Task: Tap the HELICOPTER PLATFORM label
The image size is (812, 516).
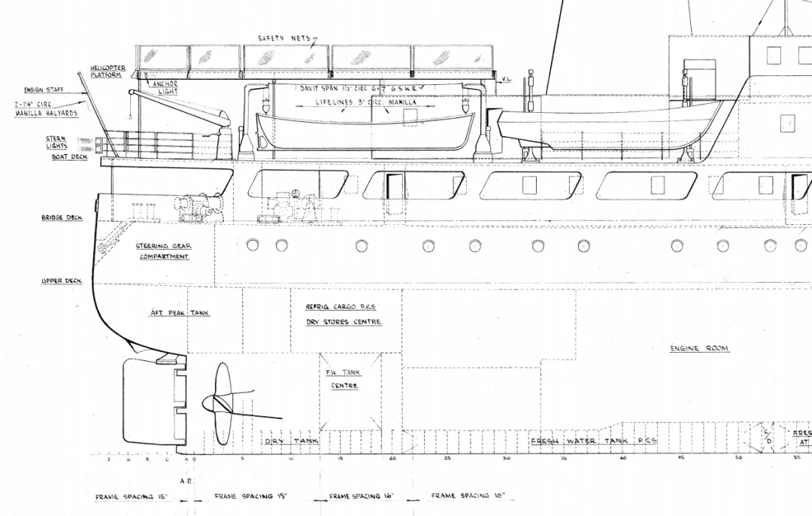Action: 108,71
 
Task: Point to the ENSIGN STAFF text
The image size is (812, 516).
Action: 44,90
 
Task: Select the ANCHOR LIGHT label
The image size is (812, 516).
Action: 165,87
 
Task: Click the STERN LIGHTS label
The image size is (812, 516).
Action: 56,142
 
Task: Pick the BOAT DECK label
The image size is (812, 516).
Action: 69,157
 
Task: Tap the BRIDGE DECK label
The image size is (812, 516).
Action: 62,218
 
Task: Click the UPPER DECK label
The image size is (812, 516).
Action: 62,281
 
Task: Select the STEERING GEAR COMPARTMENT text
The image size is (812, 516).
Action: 164,251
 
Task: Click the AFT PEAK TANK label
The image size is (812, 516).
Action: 179,313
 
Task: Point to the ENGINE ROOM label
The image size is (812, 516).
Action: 699,349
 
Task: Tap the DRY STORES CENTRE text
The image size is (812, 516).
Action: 344,322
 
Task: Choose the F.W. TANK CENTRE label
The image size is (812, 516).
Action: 344,379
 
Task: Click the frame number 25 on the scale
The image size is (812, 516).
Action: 447,458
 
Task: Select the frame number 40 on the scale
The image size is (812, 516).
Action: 623,458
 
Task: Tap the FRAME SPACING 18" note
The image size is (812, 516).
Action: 472,496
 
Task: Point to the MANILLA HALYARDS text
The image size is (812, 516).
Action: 46,114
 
